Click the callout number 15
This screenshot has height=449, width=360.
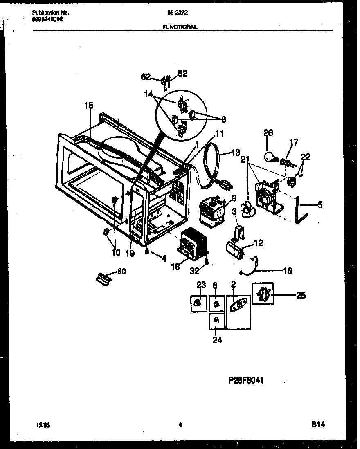click(x=89, y=106)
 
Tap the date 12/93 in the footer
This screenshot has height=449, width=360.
click(x=37, y=425)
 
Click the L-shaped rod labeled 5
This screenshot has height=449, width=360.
click(x=297, y=211)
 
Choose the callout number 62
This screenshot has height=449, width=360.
click(x=146, y=76)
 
